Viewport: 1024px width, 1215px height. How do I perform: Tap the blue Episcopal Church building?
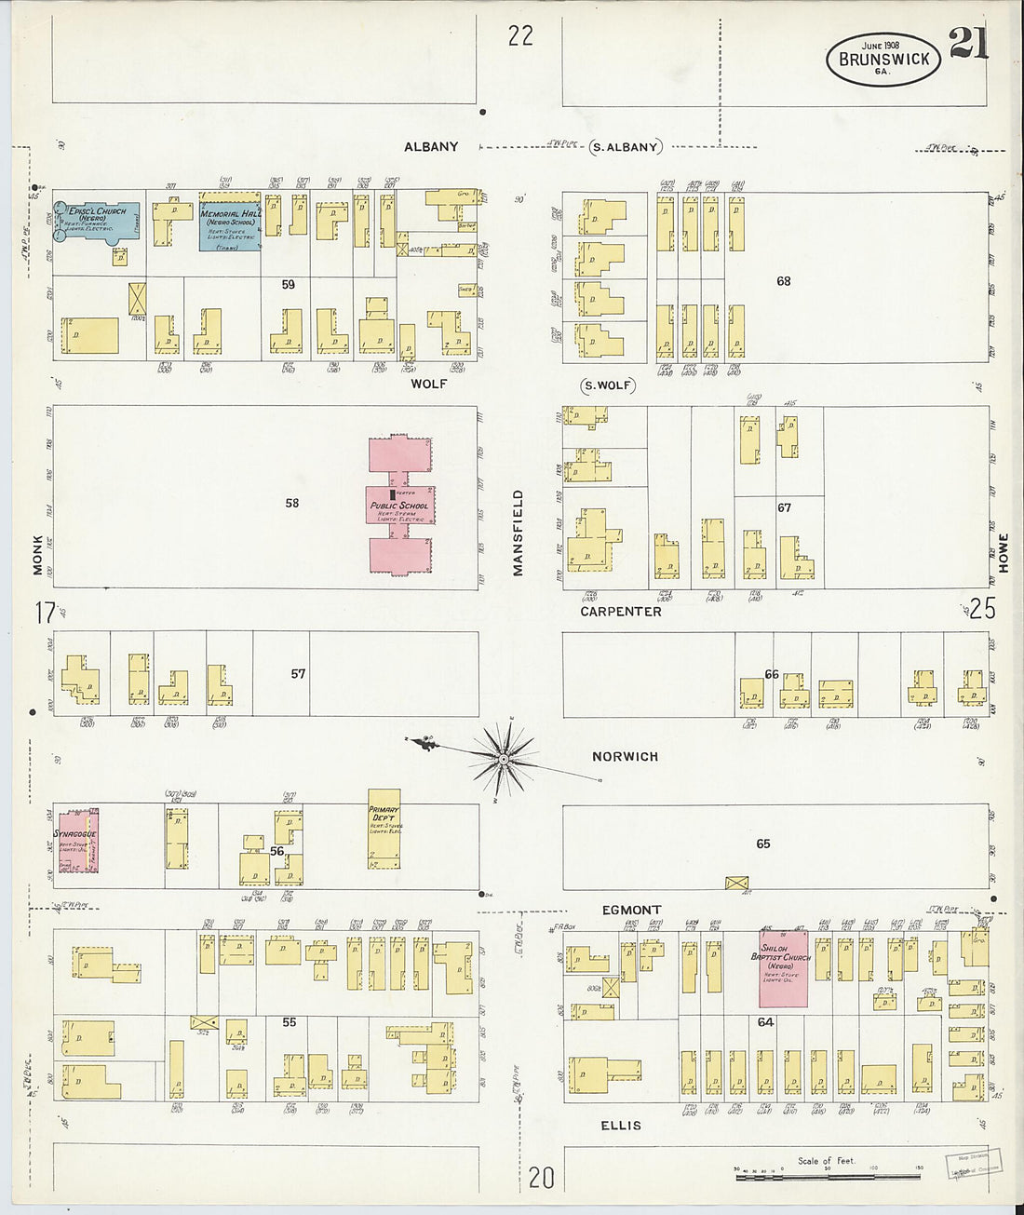(97, 221)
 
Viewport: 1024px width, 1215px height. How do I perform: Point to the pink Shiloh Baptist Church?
(783, 967)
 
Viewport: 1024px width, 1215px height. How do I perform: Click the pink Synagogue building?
(75, 840)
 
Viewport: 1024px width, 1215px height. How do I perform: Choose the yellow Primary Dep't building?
(384, 831)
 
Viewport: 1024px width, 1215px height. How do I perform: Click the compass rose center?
(504, 759)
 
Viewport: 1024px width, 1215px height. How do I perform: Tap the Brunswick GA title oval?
(883, 60)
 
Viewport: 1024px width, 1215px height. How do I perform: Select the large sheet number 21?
(968, 43)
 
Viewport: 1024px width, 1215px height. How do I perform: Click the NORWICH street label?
(625, 757)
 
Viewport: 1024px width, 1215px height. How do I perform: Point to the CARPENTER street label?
(620, 612)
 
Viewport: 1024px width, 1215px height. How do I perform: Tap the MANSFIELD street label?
(519, 533)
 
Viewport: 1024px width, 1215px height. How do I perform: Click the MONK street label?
(38, 555)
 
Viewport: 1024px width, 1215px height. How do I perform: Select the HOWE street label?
(1003, 552)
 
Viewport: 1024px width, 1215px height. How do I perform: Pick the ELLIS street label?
(620, 1126)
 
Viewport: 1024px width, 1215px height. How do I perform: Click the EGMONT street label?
(631, 910)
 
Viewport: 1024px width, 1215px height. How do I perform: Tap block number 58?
(292, 503)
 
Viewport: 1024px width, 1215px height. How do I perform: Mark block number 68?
(783, 280)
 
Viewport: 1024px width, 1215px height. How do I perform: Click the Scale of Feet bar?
(829, 1177)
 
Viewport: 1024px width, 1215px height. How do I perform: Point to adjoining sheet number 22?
(520, 35)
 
